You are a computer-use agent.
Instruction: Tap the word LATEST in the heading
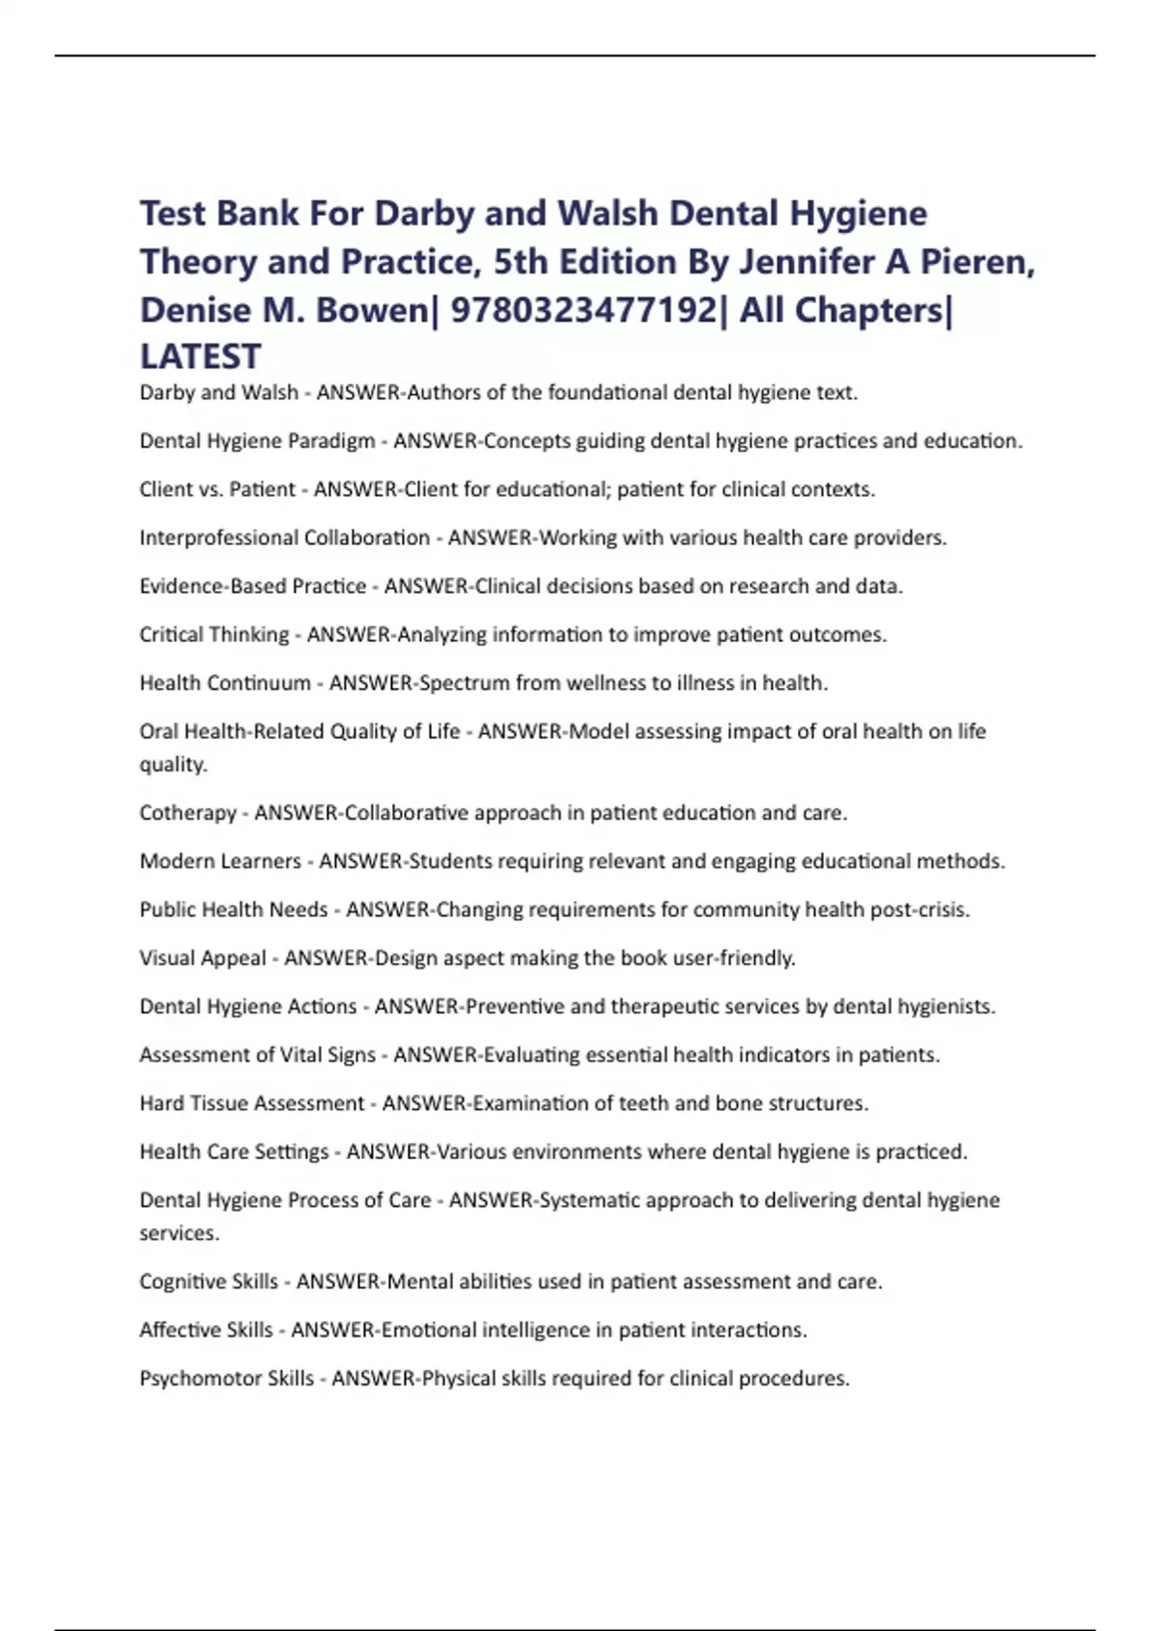click(x=200, y=357)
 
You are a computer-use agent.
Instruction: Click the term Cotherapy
click(x=188, y=813)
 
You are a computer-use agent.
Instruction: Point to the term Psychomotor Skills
click(x=226, y=1379)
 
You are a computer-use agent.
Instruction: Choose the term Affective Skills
click(x=206, y=1330)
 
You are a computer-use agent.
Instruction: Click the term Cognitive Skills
click(x=208, y=1282)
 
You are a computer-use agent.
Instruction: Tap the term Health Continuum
click(x=225, y=683)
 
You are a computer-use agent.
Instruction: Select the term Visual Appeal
click(x=202, y=957)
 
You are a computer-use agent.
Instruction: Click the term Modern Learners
click(x=221, y=861)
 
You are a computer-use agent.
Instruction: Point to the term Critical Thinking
click(x=214, y=634)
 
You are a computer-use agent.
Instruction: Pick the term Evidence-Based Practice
click(x=253, y=586)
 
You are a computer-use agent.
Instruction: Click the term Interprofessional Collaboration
click(x=285, y=537)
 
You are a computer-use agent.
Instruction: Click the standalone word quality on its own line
click(x=173, y=765)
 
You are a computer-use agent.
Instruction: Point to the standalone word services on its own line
click(x=178, y=1234)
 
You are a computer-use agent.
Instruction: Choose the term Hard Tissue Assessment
click(x=252, y=1103)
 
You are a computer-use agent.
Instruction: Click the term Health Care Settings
click(x=234, y=1151)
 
